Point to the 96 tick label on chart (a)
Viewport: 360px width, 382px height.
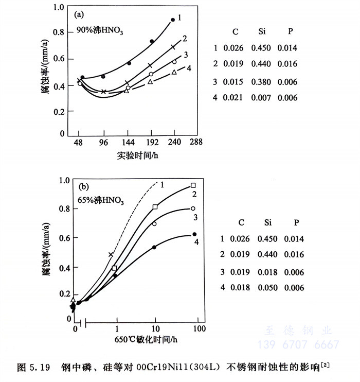tap(103, 143)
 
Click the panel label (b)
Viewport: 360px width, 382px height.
tap(82, 187)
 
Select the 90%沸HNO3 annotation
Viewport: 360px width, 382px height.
tap(101, 29)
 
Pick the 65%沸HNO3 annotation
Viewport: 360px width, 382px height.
tap(101, 200)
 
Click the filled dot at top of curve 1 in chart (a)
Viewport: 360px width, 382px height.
tap(173, 20)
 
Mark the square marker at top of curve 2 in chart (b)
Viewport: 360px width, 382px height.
tap(193, 185)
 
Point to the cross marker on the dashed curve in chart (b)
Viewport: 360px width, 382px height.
tap(111, 255)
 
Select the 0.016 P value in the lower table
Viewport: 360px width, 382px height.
tap(294, 254)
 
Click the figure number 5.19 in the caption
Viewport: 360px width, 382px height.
tap(40, 368)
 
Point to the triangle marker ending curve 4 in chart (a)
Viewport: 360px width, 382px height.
tap(174, 73)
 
